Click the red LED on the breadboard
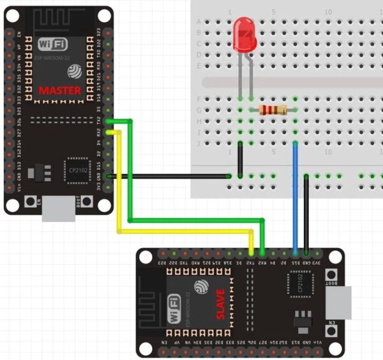[245, 34]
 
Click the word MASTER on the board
[60, 91]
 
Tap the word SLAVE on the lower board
[220, 306]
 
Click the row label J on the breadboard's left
[199, 143]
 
